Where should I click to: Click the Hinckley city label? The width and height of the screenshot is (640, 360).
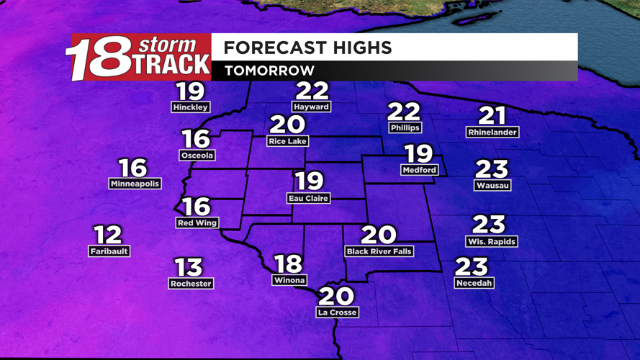click(190, 107)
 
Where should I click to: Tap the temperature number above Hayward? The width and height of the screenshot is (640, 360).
click(312, 91)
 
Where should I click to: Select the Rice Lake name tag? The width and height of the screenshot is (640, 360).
click(287, 141)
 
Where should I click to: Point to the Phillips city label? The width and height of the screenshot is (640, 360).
click(405, 127)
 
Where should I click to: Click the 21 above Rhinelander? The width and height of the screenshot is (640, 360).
click(492, 115)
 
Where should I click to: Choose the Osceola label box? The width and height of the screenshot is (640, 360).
click(197, 155)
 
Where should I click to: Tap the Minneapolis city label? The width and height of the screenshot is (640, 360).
click(135, 184)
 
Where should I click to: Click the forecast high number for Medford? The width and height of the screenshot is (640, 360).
click(419, 153)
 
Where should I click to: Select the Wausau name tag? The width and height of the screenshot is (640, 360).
click(493, 185)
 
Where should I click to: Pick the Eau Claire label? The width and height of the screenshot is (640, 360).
click(308, 198)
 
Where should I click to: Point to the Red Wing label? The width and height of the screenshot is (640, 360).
click(197, 223)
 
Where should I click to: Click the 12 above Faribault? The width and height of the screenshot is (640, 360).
click(108, 235)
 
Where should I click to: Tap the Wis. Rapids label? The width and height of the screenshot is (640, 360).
click(492, 241)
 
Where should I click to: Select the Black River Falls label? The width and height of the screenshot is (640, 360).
click(379, 251)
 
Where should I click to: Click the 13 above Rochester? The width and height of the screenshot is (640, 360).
click(189, 267)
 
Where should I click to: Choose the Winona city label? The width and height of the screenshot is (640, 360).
click(289, 280)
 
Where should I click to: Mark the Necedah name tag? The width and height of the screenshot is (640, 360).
click(474, 283)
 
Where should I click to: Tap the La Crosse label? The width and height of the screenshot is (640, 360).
click(337, 312)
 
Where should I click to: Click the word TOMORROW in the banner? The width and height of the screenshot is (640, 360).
click(269, 71)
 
